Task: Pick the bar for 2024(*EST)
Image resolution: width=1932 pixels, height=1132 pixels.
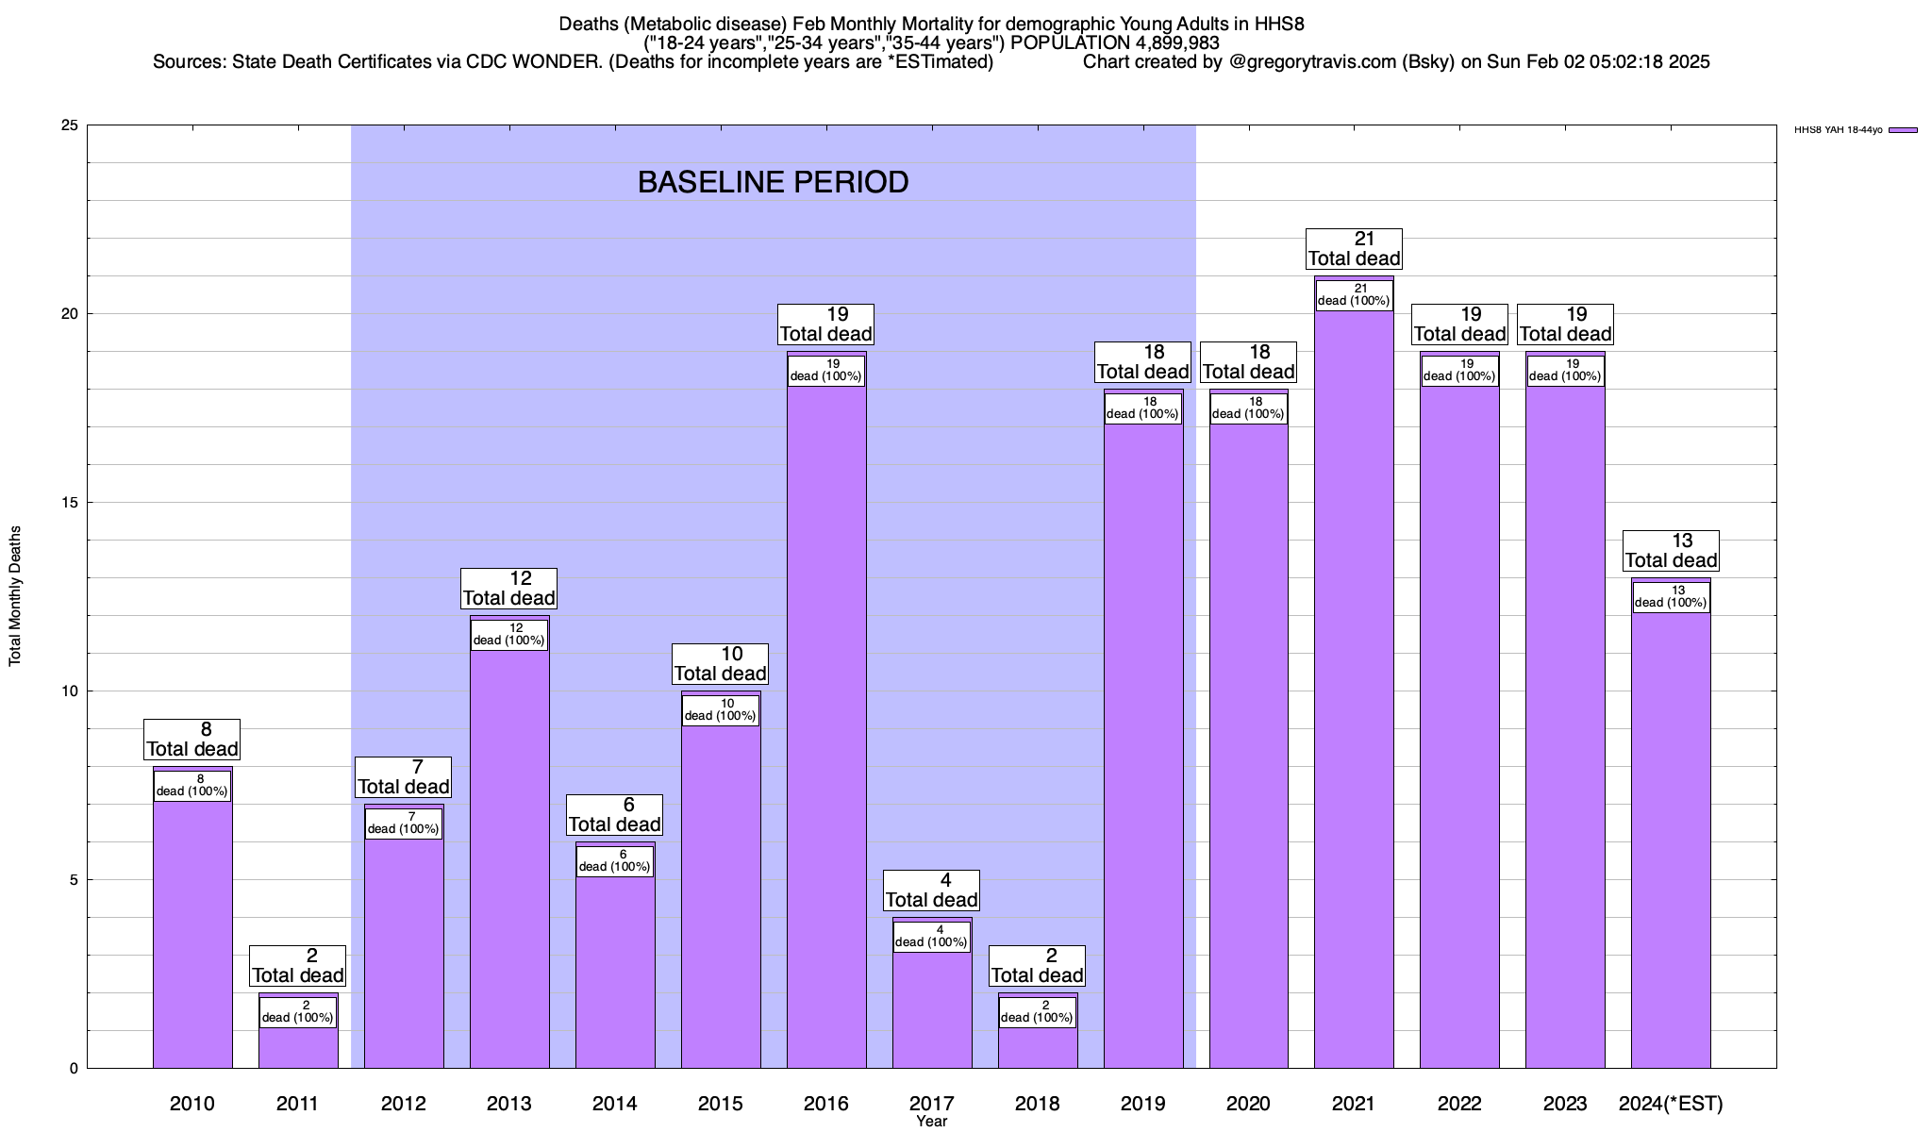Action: [1671, 840]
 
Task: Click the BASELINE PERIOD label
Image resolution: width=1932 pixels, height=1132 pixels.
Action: [773, 182]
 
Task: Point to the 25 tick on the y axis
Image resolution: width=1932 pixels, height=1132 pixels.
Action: [71, 125]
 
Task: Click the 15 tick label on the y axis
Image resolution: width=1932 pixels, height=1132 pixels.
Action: [71, 503]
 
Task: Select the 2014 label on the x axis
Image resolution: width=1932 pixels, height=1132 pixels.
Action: [615, 1104]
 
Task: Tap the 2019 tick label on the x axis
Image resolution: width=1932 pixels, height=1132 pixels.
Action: [1142, 1104]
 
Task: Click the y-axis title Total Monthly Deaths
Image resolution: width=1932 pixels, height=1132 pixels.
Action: [15, 596]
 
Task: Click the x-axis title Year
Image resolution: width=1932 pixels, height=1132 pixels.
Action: [931, 1122]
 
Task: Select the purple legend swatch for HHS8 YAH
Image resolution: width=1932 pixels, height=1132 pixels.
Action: [1904, 130]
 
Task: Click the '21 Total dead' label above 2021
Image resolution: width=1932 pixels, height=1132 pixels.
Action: [1354, 249]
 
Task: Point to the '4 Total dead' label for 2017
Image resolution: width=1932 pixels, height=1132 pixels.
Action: [931, 891]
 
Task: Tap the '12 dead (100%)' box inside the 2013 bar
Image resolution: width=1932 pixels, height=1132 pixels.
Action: [509, 635]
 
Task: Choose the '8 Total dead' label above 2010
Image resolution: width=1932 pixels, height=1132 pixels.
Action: [192, 740]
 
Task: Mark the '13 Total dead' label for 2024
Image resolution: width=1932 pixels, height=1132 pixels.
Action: [1671, 551]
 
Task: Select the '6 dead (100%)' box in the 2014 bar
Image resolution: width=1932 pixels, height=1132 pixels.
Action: [615, 861]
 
